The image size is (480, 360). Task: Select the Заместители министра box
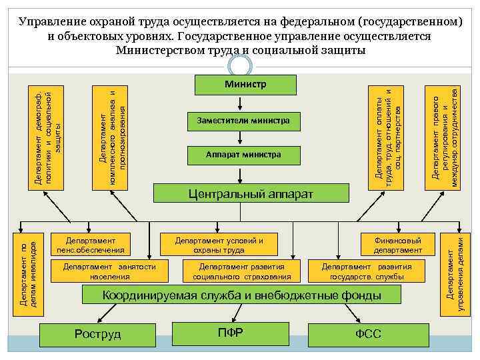tap(243, 121)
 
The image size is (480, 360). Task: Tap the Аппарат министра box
tap(243, 155)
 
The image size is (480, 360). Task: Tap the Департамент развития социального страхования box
tap(242, 271)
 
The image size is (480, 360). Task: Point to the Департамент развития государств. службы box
tap(367, 271)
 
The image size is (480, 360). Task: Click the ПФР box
tap(231, 333)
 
